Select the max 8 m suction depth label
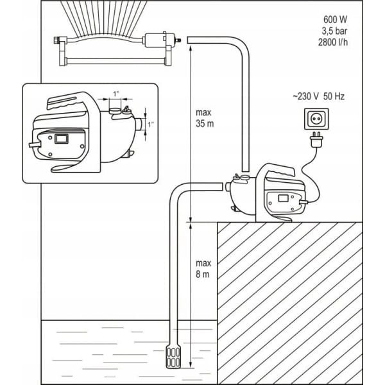[203, 269]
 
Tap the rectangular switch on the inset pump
[62, 138]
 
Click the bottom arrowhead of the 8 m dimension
[191, 317]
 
